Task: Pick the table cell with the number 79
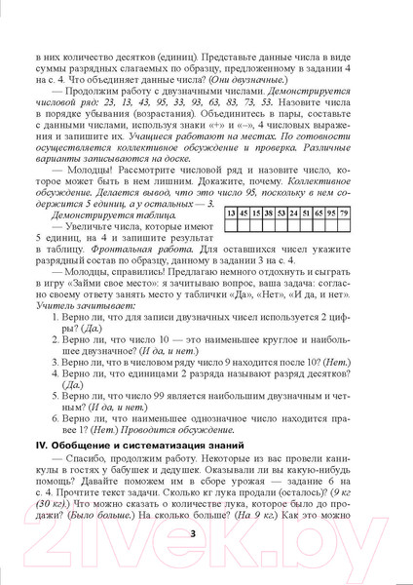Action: point(371,238)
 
